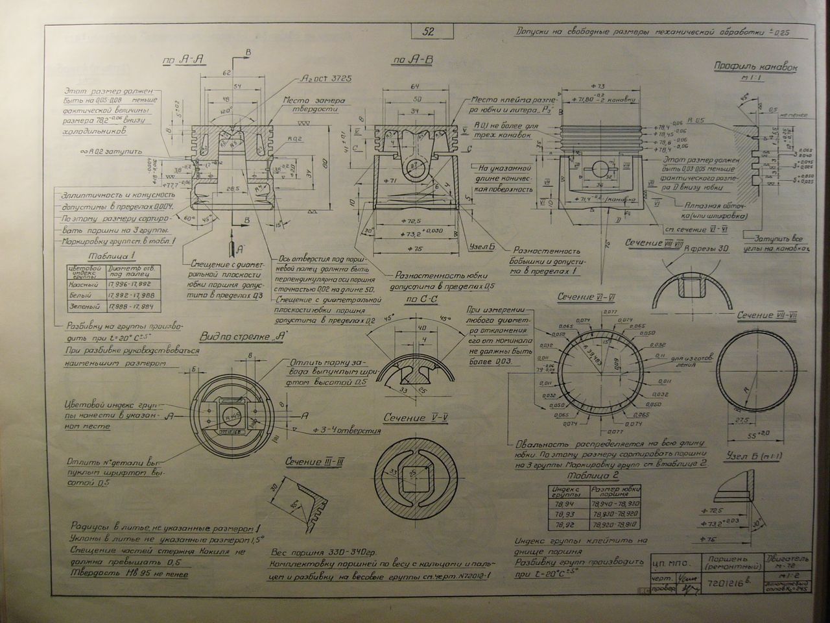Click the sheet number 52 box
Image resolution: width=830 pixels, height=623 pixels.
[x=429, y=31]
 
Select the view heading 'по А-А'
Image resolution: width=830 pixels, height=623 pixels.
[x=184, y=60]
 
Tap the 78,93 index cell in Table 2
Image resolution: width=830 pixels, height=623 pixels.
[x=563, y=512]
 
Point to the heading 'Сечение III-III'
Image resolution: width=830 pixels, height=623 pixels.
[x=315, y=461]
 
